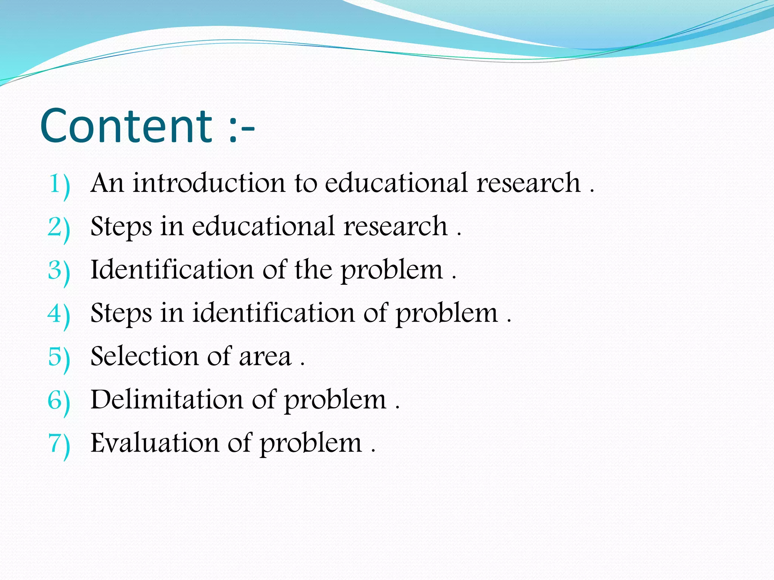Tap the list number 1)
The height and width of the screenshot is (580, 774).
point(60,185)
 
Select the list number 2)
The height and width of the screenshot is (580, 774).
point(59,228)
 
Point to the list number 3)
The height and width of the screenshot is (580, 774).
point(59,271)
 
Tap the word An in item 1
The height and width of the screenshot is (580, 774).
point(107,183)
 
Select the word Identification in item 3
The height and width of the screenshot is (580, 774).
point(172,270)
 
